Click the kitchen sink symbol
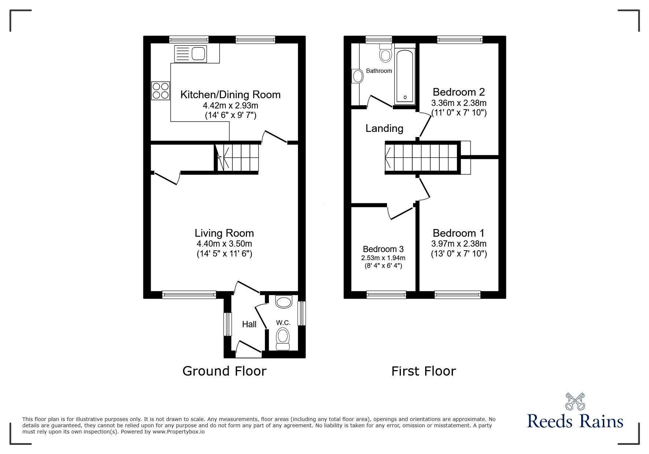(191, 54)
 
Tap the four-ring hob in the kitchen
(161, 91)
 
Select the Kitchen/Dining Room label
(230, 95)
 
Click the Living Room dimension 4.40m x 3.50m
(224, 244)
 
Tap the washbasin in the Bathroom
(357, 76)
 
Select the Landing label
(384, 128)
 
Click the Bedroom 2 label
(458, 92)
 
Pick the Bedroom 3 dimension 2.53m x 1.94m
(383, 258)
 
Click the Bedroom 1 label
(458, 233)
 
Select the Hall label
(249, 324)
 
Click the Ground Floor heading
(224, 371)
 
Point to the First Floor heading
(423, 371)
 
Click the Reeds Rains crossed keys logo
(575, 402)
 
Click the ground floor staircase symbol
(237, 158)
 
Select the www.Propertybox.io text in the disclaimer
(179, 432)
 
